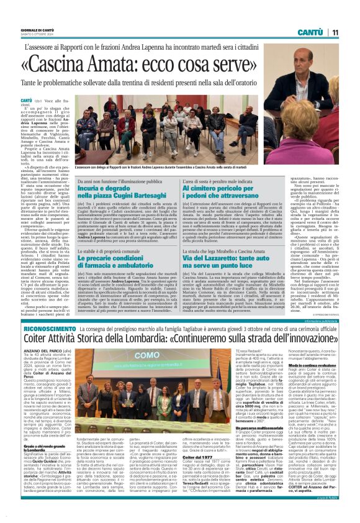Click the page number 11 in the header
334,32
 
